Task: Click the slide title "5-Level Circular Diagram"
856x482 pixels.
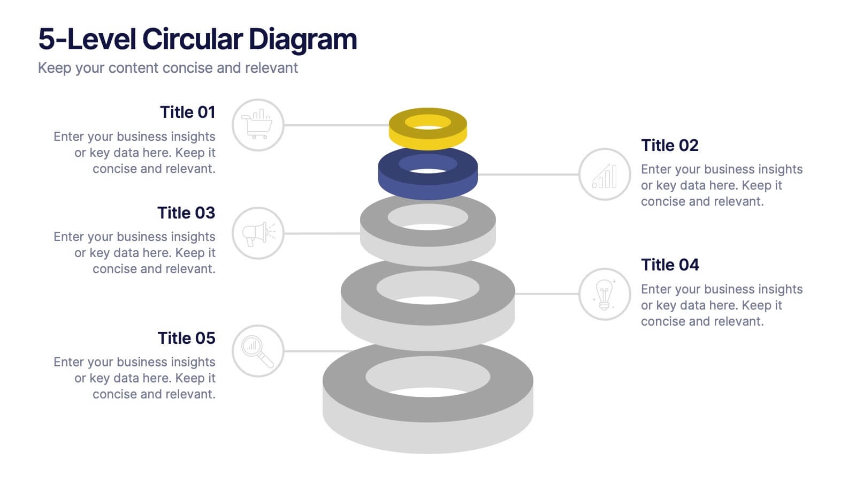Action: pos(197,40)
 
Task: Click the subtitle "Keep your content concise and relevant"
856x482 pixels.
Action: pos(168,68)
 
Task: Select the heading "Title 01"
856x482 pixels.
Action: pos(188,112)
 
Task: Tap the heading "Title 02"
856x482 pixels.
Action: pos(669,145)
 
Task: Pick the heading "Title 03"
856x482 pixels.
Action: pos(187,213)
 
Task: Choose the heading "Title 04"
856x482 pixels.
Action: pos(670,265)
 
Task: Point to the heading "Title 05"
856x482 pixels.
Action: pos(187,338)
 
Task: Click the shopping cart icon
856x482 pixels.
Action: pos(257,124)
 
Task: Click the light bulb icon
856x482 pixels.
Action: pos(604,294)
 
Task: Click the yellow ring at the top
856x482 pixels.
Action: pos(427,140)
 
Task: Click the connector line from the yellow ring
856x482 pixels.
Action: pos(337,125)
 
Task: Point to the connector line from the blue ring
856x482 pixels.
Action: pos(528,175)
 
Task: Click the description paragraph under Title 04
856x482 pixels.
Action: pos(722,305)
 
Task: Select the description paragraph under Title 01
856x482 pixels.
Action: pos(134,153)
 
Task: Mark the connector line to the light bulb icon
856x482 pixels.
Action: pos(547,294)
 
